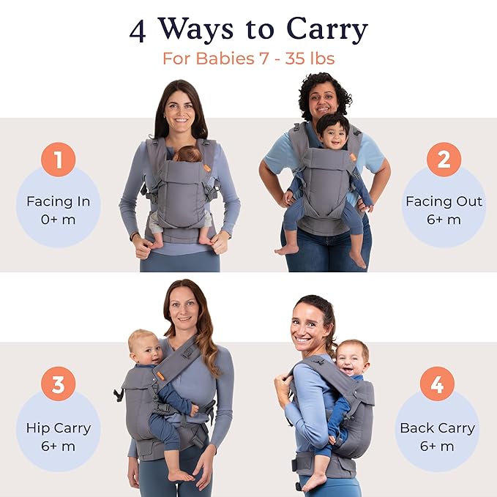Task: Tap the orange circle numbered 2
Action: (x=444, y=160)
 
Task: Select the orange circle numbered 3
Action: (x=58, y=384)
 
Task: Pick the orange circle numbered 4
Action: (x=437, y=384)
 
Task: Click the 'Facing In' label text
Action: (x=58, y=201)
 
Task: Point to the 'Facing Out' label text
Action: (x=444, y=201)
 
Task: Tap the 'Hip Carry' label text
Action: (x=58, y=428)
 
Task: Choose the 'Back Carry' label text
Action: (x=437, y=428)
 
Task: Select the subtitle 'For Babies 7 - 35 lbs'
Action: (x=248, y=59)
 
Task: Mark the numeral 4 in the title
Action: (x=138, y=30)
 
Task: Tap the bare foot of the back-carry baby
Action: (x=313, y=482)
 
